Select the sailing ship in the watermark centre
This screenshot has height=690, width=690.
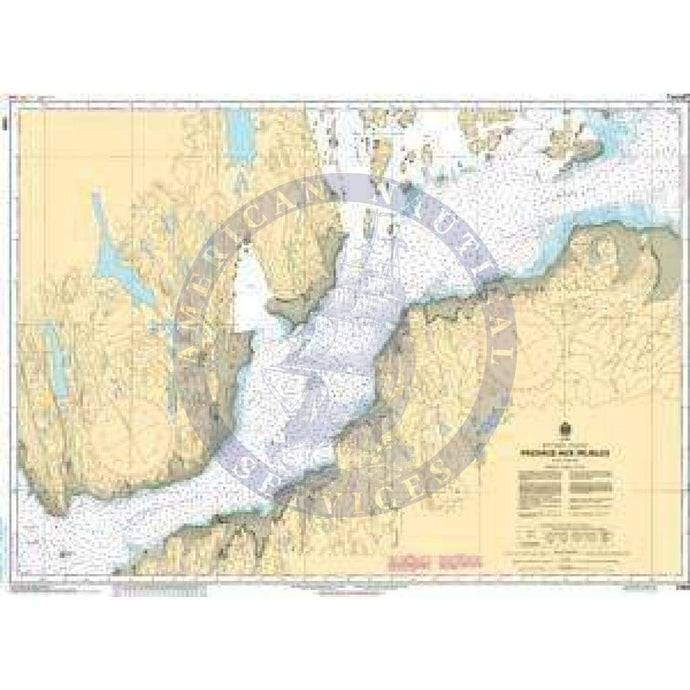tap(345, 330)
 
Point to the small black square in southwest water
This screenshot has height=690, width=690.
tap(62, 551)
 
